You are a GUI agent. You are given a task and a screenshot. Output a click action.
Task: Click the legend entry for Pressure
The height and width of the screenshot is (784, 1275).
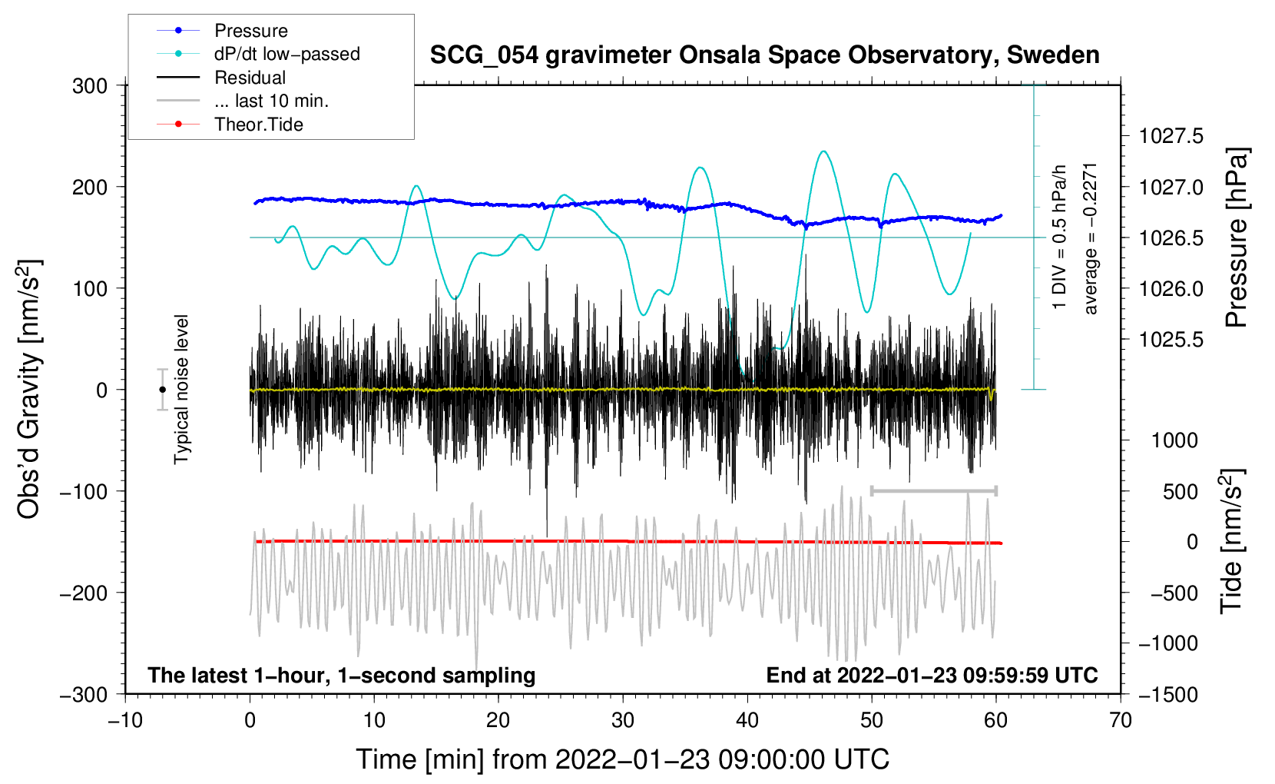pos(222,30)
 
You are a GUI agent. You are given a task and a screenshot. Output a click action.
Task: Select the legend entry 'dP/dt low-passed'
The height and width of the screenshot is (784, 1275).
pos(258,54)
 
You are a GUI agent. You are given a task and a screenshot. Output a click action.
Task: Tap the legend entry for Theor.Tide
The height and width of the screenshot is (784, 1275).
pos(230,125)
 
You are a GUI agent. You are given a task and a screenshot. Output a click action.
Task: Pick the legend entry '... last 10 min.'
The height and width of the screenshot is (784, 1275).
pos(243,101)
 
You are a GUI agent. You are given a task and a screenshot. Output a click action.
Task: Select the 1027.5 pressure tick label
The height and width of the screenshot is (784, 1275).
pos(1171,136)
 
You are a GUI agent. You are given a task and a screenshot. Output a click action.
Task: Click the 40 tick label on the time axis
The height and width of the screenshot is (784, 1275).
pos(747,721)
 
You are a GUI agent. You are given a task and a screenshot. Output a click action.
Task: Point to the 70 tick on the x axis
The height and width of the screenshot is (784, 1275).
pos(1120,721)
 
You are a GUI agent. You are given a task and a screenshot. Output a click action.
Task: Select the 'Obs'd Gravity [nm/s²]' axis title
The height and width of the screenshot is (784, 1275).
pos(30,389)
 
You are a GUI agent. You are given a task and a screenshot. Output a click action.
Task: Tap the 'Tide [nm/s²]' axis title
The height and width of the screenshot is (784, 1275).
pos(1232,541)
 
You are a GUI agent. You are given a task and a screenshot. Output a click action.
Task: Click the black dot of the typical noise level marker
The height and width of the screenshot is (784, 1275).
pos(162,390)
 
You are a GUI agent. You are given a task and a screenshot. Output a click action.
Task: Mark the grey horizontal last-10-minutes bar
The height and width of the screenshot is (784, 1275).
pos(933,490)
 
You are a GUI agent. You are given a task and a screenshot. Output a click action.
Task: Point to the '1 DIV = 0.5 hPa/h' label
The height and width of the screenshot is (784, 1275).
pos(1058,237)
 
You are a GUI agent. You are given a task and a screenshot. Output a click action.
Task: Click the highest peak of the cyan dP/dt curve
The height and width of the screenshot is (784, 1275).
pos(823,151)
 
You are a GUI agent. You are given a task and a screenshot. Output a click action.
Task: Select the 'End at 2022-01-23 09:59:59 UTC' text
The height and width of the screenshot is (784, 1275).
pos(932,675)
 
